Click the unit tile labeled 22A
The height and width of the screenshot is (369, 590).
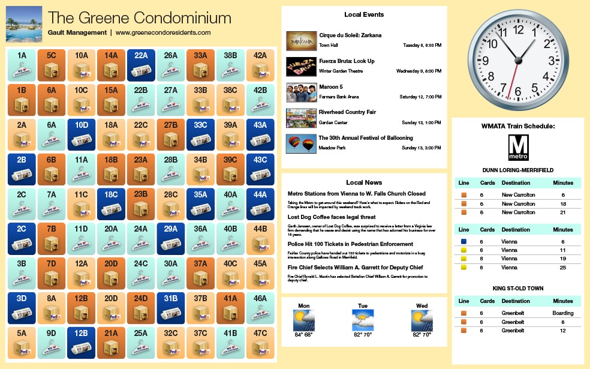coord(141,64)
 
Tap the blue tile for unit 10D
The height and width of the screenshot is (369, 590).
coord(82,134)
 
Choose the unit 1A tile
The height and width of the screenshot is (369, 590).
coord(22,64)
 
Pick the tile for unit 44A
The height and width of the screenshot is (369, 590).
coord(260,203)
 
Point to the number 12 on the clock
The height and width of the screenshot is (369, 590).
coord(519,29)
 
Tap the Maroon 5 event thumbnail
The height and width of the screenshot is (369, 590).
coord(301,92)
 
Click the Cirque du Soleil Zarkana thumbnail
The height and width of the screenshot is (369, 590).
coord(301,40)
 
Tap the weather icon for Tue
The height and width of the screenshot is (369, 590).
coord(363,320)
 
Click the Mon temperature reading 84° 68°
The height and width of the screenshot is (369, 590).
coord(303,335)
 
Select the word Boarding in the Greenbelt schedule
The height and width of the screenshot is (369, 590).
coord(562,313)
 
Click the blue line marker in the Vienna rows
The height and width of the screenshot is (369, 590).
coord(464,241)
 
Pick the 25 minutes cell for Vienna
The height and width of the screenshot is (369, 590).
coord(562,268)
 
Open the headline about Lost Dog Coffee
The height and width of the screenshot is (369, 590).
coord(332,217)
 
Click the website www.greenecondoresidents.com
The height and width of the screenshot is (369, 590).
coord(163,32)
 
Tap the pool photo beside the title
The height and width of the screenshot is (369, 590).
coord(23,24)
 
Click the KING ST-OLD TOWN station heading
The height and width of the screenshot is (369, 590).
coord(517,289)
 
